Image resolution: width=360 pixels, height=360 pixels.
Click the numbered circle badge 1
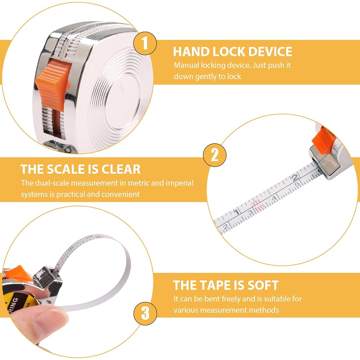click(145, 43)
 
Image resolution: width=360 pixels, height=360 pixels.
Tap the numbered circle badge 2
click(215, 155)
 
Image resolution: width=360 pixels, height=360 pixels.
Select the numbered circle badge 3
click(145, 313)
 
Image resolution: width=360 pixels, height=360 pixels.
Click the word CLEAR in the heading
click(121, 169)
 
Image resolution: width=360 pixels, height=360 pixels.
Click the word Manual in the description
click(186, 65)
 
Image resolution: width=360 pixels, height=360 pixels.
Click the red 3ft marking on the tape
click(256, 202)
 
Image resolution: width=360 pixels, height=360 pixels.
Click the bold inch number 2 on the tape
click(295, 177)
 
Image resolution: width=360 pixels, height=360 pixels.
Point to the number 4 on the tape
click(274, 198)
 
